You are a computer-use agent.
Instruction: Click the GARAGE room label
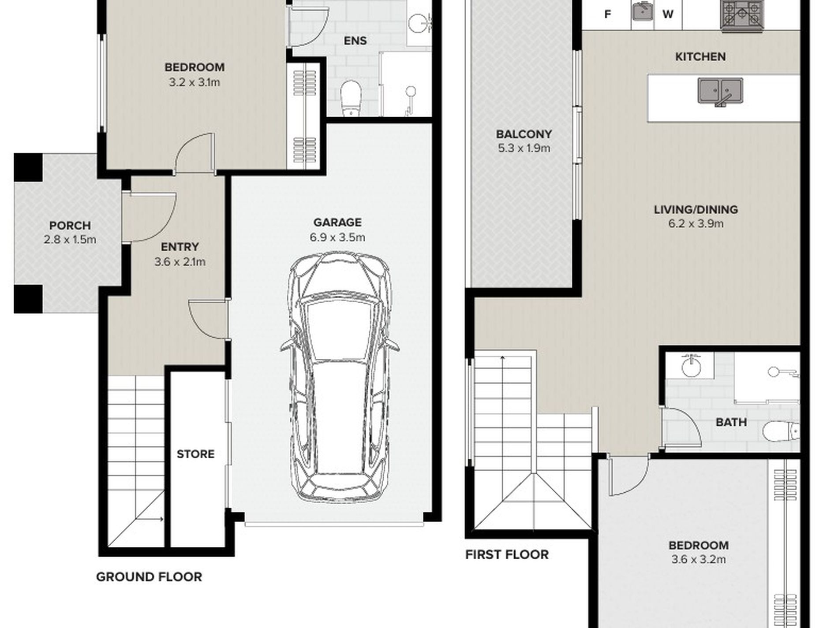click(337, 223)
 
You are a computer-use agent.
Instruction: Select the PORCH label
click(70, 226)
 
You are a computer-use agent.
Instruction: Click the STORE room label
click(195, 454)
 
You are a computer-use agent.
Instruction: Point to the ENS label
click(355, 41)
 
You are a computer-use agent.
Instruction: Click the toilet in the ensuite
click(352, 98)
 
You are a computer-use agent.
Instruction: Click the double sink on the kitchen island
click(720, 91)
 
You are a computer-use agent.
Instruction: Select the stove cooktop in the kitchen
click(741, 16)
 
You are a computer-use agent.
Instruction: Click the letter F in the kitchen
click(607, 15)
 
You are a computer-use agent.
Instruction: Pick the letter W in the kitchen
click(668, 15)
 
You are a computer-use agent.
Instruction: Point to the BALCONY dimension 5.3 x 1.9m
click(524, 149)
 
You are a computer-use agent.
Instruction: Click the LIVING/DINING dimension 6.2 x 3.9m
click(696, 224)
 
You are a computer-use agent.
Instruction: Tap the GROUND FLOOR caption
click(149, 577)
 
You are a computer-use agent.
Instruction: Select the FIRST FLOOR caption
click(507, 554)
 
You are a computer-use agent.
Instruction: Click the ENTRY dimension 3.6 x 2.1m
click(180, 262)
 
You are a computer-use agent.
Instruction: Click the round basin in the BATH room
click(690, 366)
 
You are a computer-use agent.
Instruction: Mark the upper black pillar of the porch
click(28, 167)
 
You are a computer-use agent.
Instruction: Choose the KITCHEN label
click(700, 57)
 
